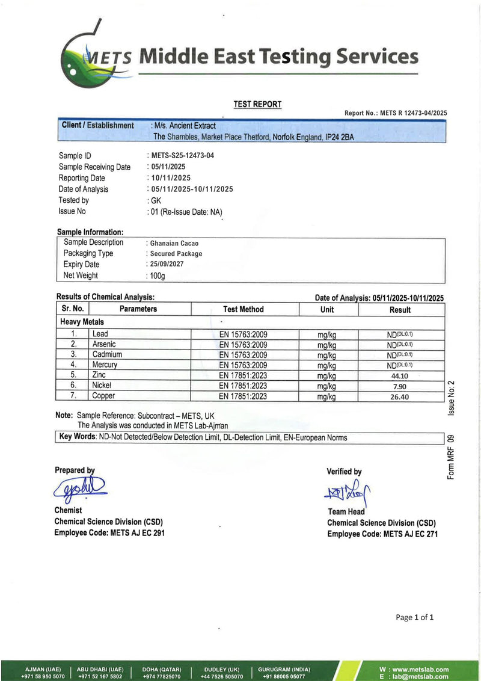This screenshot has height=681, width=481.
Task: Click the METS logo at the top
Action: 96,57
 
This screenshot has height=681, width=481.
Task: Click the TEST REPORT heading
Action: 257,105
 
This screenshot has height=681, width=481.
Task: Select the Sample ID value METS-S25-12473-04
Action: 183,156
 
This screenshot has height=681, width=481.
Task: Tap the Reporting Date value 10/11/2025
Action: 171,178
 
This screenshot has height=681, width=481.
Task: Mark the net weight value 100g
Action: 157,276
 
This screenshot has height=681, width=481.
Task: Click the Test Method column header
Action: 243,309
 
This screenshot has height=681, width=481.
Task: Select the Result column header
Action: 400,310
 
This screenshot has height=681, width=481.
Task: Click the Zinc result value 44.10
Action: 400,375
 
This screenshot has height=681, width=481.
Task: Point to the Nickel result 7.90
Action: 400,386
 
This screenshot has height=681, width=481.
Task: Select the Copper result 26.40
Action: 400,396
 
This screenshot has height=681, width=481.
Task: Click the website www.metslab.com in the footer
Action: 414,670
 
